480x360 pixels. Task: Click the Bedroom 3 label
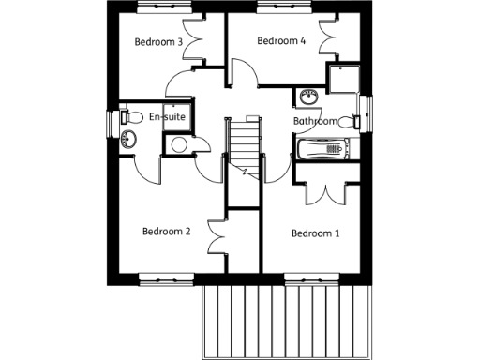click(157, 42)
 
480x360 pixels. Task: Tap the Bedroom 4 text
click(281, 41)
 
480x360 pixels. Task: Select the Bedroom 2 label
click(166, 232)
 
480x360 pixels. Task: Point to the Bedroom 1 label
click(315, 233)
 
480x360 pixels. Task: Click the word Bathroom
click(315, 122)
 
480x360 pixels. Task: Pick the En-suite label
click(166, 117)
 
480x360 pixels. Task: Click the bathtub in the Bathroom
click(322, 147)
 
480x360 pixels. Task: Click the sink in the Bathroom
click(307, 96)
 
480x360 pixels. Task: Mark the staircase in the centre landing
click(243, 146)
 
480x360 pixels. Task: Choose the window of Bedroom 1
click(312, 277)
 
